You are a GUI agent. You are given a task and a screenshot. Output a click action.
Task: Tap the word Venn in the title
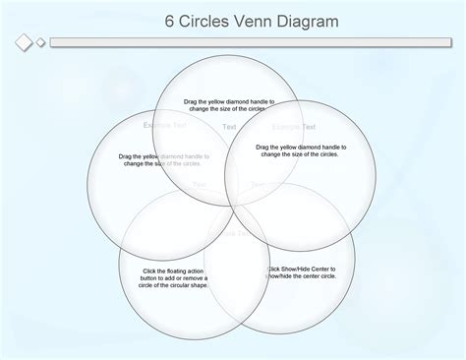click(x=253, y=21)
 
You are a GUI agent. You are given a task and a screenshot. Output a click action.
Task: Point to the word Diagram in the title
click(x=307, y=21)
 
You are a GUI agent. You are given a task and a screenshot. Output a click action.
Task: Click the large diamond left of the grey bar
click(x=24, y=42)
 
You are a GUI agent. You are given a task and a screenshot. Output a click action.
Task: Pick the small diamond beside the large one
click(x=40, y=42)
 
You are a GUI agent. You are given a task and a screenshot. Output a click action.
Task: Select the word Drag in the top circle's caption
click(x=192, y=101)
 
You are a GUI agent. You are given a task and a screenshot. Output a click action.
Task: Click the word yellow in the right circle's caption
click(x=290, y=147)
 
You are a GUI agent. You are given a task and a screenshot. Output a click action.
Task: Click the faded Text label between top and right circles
click(x=229, y=127)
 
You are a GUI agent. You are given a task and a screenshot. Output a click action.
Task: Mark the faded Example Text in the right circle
click(x=293, y=127)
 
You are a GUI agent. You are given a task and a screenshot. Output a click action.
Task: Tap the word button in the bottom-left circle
click(x=151, y=278)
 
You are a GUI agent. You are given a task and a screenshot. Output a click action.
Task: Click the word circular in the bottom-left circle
click(x=177, y=285)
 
